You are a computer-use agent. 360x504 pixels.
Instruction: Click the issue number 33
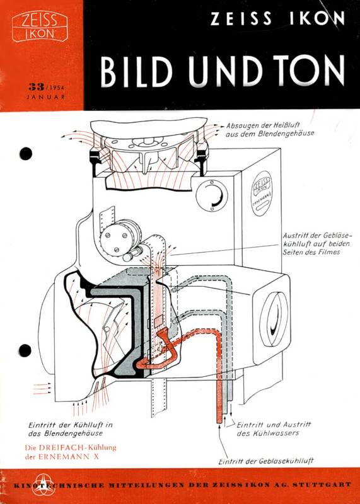pos(36,86)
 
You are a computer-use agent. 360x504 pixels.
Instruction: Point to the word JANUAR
pos(45,96)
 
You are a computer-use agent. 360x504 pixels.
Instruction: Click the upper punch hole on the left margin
pos(26,153)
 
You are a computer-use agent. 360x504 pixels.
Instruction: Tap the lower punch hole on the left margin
pos(25,350)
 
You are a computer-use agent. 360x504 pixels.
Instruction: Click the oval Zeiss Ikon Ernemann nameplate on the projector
pos(262,193)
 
